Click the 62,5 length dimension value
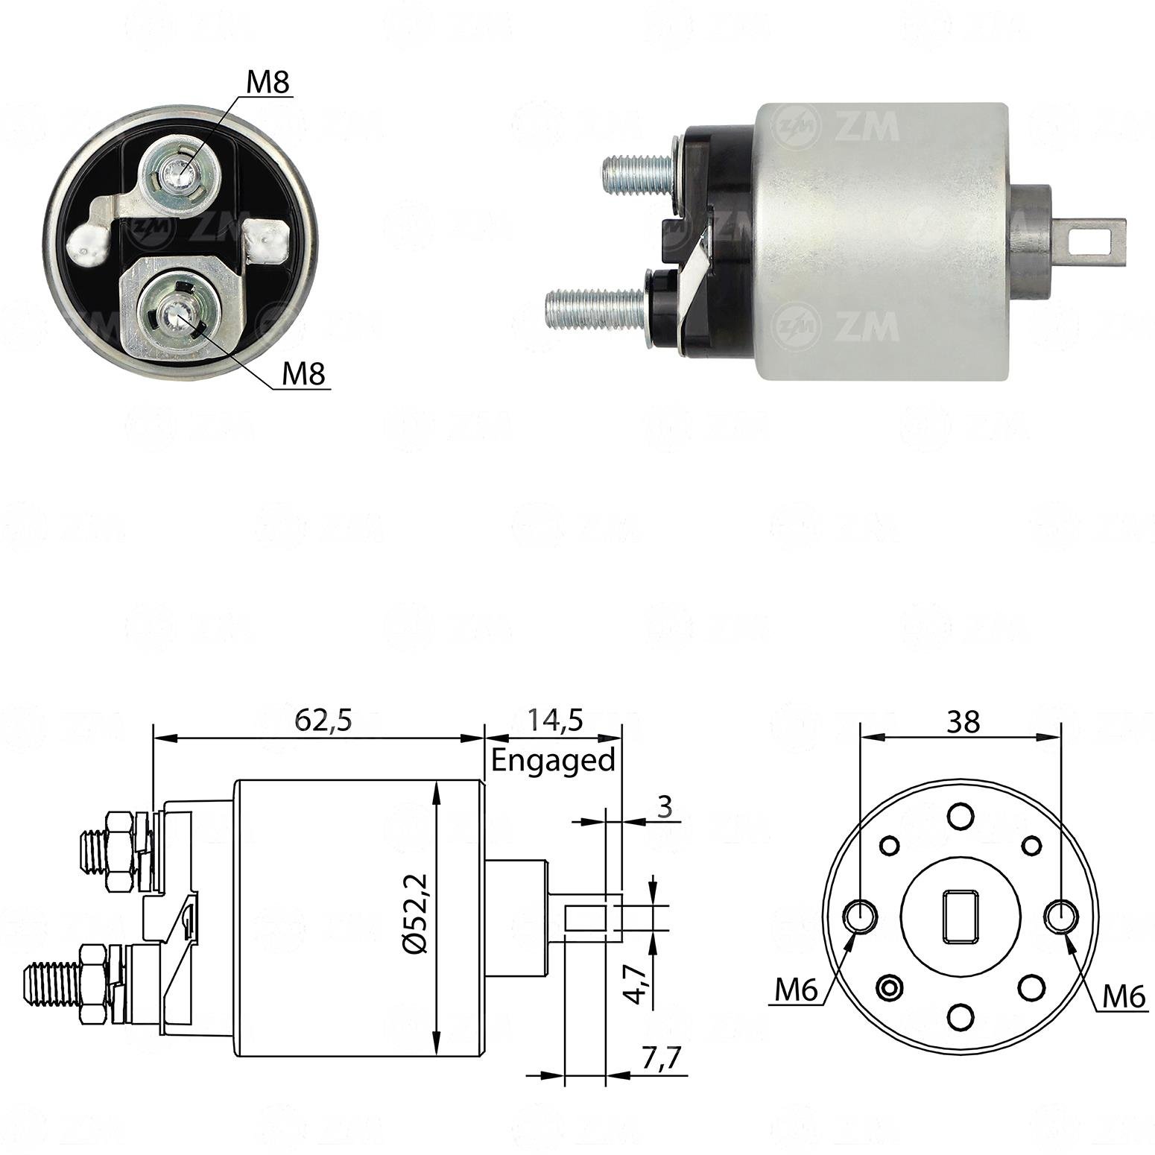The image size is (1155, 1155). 322,721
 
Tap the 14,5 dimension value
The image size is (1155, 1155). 556,721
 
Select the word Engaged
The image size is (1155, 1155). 553,760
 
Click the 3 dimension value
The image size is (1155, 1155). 665,806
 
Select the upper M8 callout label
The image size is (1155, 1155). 267,83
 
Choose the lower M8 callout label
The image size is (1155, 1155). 304,374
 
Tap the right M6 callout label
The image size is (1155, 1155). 1123,996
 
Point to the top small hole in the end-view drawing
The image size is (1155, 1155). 961,815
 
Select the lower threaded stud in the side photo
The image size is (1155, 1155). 596,307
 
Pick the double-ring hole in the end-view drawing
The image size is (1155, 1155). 890,988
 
